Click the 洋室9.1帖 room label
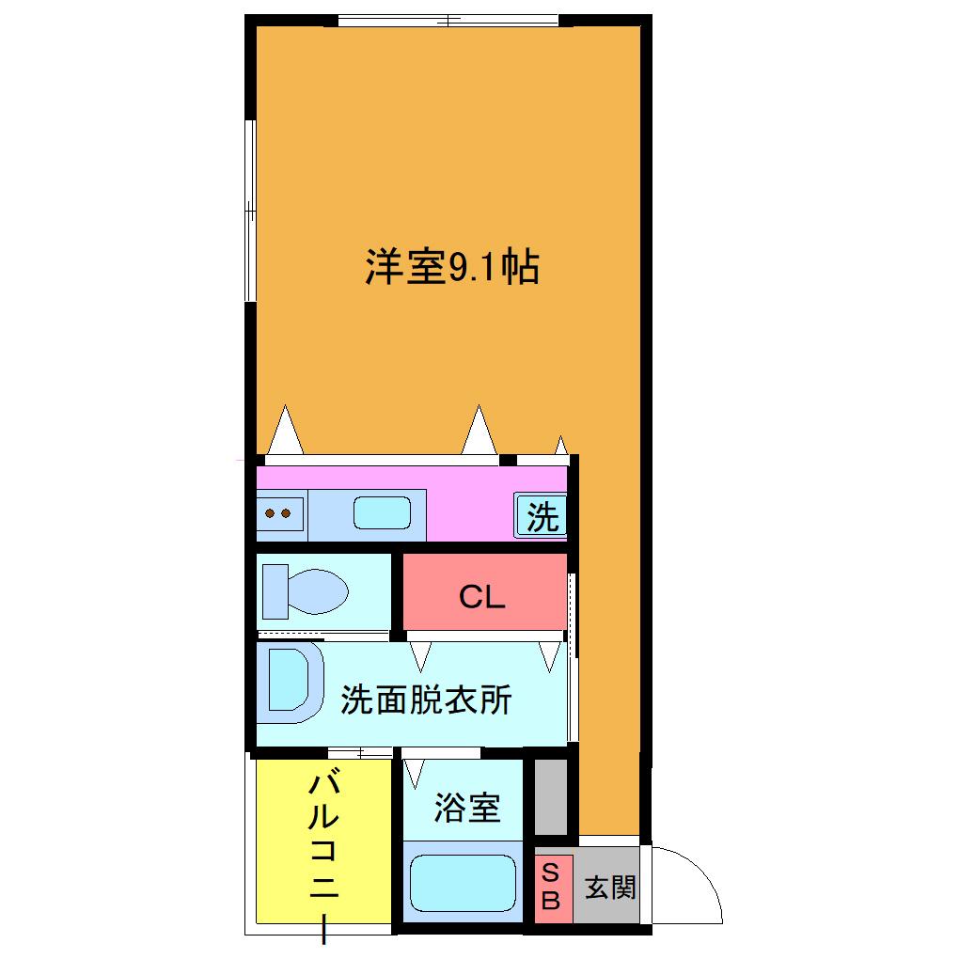(x=452, y=267)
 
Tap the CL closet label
(x=482, y=596)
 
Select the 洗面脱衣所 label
(x=426, y=700)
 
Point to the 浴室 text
(x=467, y=807)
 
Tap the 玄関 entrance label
(x=610, y=888)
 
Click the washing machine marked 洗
(x=541, y=515)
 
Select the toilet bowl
(x=306, y=591)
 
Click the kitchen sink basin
(x=382, y=512)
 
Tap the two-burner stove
(x=279, y=513)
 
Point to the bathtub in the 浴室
(x=463, y=883)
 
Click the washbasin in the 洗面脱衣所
(x=290, y=680)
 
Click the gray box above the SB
(x=551, y=797)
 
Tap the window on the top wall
(x=448, y=20)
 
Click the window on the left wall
(x=250, y=211)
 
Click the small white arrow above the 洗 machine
(x=561, y=446)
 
